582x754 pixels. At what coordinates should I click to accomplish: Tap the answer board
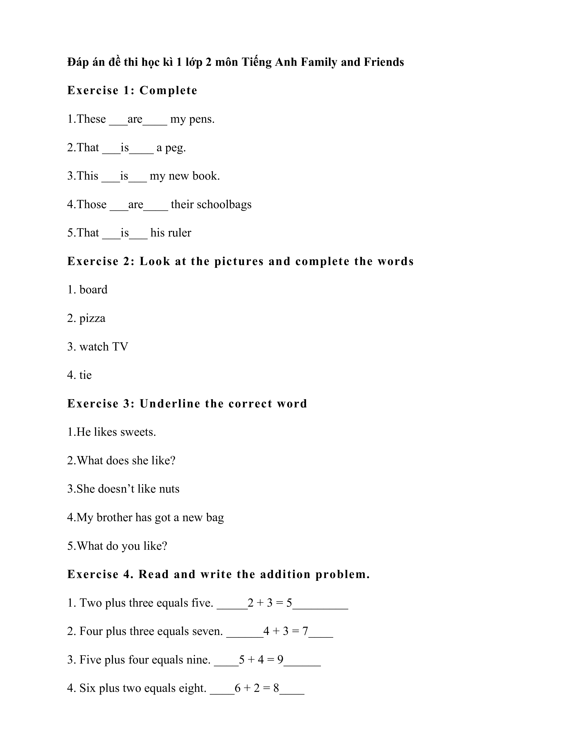(93, 290)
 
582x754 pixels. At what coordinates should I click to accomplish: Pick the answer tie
(86, 375)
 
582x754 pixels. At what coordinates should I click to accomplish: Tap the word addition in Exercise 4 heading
(285, 574)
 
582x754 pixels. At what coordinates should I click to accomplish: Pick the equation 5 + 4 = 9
(261, 660)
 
